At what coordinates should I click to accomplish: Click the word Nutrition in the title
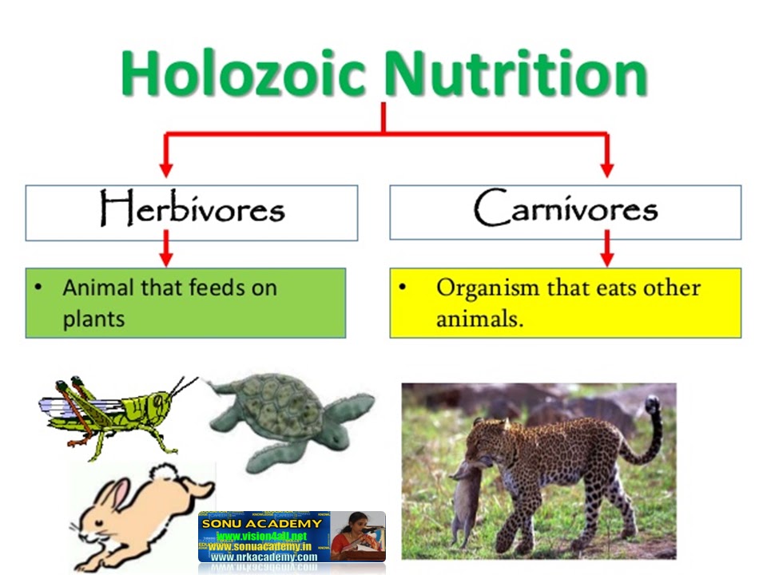click(x=515, y=73)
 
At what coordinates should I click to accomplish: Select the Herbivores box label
click(x=192, y=210)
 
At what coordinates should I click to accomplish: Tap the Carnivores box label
click(x=565, y=210)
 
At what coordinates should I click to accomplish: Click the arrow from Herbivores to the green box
click(x=166, y=251)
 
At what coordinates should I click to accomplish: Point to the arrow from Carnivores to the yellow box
click(x=606, y=251)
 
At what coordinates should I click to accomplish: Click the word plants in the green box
click(x=93, y=319)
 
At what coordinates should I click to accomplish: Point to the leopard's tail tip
click(x=653, y=403)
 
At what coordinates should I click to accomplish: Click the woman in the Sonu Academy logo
click(x=357, y=535)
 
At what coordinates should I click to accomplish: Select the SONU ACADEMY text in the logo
click(x=262, y=523)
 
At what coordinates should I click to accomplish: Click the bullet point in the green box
click(x=38, y=287)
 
